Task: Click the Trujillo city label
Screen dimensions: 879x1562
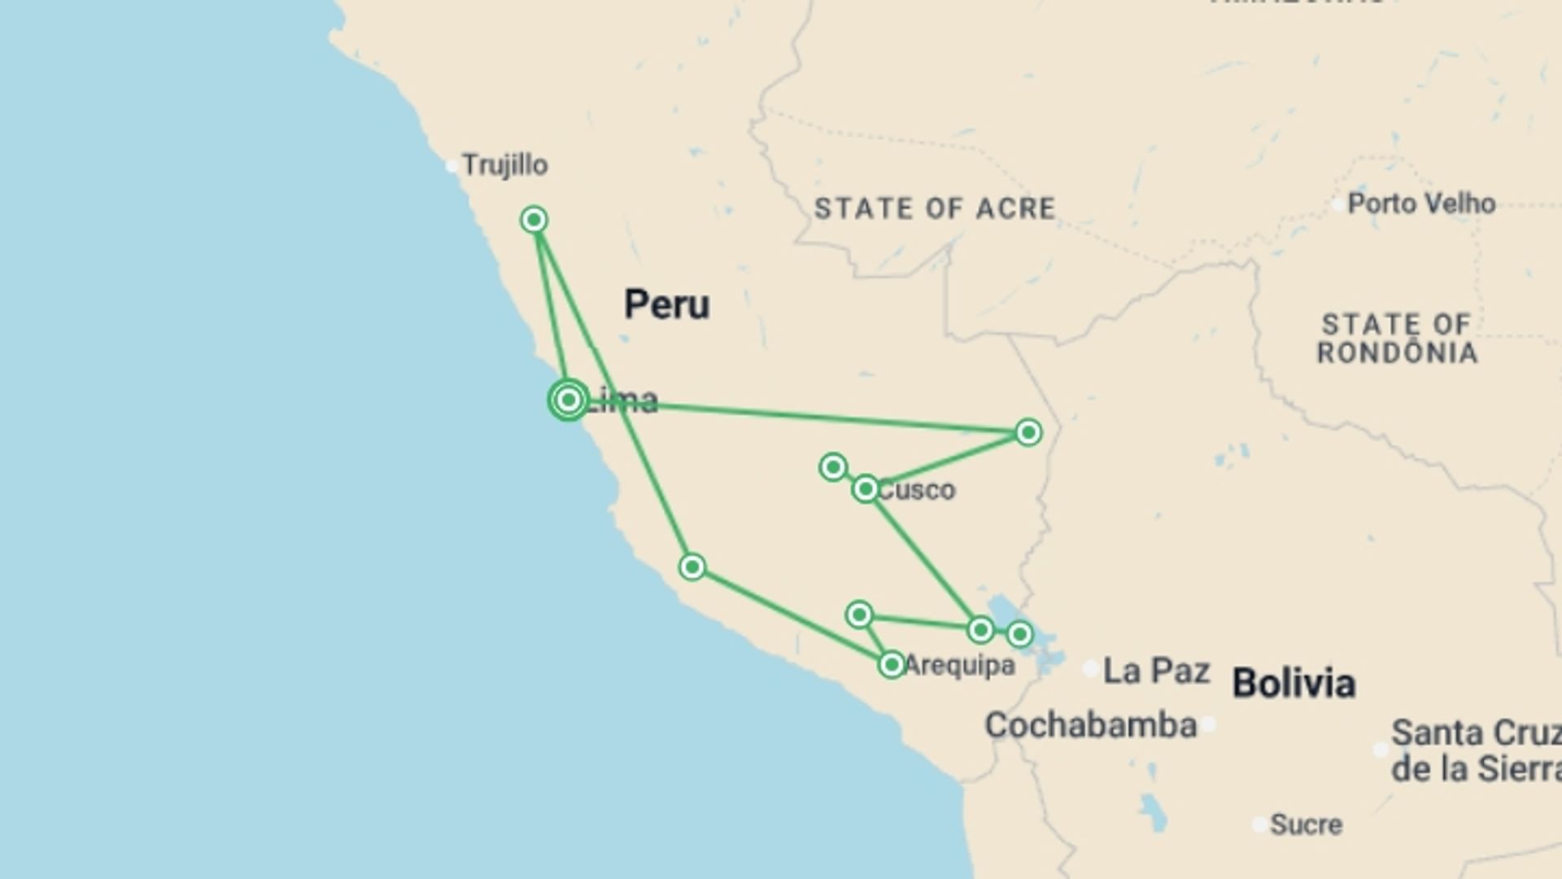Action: point(504,165)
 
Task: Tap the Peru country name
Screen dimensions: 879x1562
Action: point(666,304)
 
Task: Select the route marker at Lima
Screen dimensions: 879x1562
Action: point(569,400)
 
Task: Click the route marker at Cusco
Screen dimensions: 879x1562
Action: point(865,489)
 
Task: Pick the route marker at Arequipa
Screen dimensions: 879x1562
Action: point(892,665)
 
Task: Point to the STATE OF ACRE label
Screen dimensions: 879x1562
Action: point(935,209)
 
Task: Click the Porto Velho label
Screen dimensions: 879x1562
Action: point(1420,203)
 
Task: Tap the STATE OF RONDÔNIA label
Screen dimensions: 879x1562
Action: point(1397,339)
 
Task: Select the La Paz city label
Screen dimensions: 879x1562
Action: point(1156,671)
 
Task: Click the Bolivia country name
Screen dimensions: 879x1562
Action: point(1294,683)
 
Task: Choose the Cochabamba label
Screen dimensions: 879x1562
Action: point(1090,725)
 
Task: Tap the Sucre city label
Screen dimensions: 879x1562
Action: point(1306,824)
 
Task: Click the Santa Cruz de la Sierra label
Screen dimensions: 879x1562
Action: point(1474,750)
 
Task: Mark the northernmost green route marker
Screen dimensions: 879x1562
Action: point(534,220)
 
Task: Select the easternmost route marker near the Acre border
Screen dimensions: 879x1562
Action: point(1028,432)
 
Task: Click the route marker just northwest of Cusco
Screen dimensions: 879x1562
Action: point(833,467)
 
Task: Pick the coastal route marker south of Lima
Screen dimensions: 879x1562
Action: point(692,567)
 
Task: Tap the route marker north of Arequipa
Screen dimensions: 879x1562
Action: point(859,614)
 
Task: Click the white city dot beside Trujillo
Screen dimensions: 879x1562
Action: point(452,166)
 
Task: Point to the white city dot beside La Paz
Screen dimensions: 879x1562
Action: point(1091,669)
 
